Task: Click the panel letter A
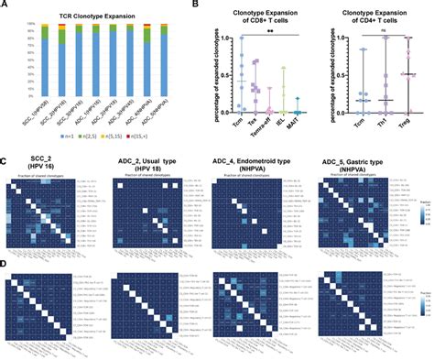click(6, 7)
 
